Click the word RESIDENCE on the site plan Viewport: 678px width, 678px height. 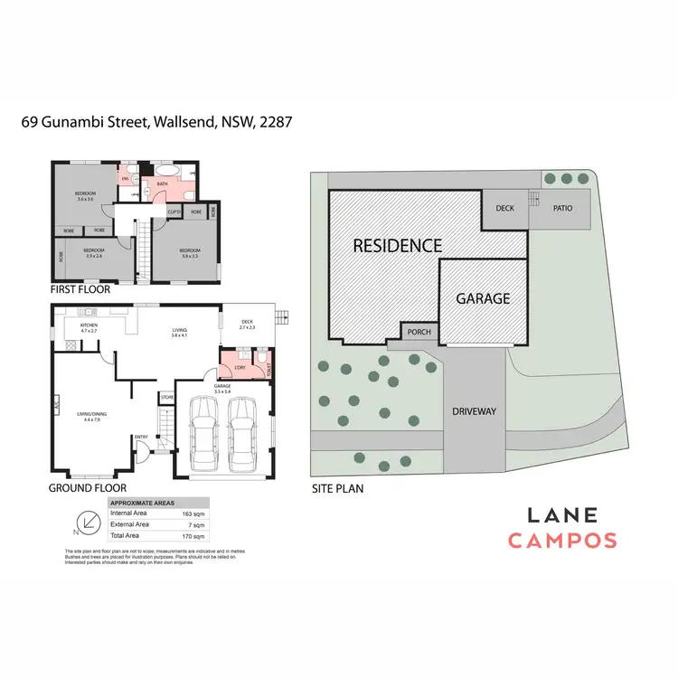[397, 245]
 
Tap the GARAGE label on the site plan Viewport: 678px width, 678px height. [483, 298]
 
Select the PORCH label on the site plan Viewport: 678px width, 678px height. [419, 332]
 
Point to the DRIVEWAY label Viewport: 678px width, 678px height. [475, 411]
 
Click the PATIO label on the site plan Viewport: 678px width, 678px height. [563, 208]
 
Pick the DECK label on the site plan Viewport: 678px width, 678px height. [505, 208]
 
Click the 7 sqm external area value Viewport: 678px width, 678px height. [193, 524]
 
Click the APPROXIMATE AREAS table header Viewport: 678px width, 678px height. [142, 503]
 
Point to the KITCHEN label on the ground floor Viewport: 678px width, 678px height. [89, 325]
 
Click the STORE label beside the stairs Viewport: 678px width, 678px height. [166, 396]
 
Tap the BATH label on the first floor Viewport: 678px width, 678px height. [163, 184]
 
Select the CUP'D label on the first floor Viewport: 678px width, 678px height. [174, 212]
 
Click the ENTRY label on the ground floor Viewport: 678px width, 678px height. [141, 438]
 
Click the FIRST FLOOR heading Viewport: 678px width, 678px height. [81, 290]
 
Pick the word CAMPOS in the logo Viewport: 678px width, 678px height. [562, 541]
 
